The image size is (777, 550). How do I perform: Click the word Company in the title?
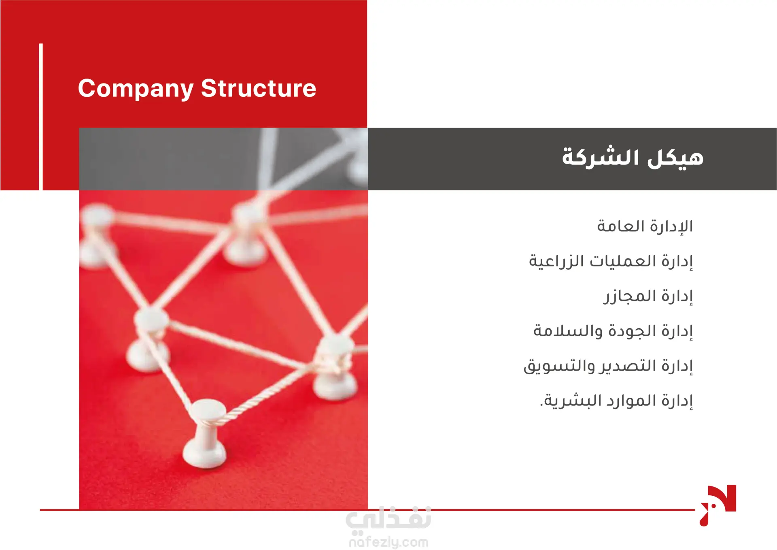[136, 89]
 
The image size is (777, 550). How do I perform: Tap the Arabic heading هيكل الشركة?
[633, 157]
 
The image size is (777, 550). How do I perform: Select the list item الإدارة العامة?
[645, 226]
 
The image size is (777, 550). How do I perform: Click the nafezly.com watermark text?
[388, 542]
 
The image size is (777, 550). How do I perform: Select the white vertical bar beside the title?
[41, 117]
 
